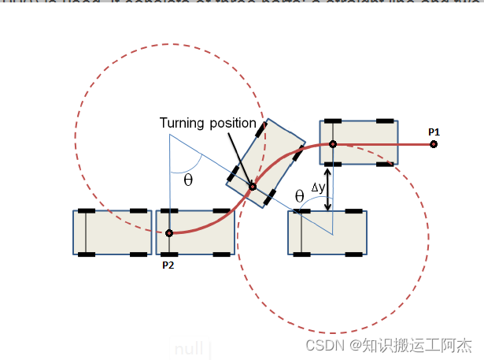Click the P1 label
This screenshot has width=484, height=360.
[434, 132]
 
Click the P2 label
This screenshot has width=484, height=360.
[168, 265]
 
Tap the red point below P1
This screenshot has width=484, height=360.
[434, 144]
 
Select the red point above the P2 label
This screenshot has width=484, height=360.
[169, 233]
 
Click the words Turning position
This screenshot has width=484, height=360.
[208, 123]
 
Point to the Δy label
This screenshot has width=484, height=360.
[317, 187]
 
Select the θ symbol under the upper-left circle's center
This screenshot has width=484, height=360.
[187, 180]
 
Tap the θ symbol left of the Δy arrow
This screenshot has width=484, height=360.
[299, 195]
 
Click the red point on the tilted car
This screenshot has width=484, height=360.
[253, 187]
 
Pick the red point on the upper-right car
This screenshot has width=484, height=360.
[333, 144]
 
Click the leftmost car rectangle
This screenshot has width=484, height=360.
[113, 232]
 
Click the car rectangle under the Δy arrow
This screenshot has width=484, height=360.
[327, 233]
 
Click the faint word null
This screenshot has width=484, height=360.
[189, 348]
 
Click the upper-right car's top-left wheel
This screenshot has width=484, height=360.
[331, 121]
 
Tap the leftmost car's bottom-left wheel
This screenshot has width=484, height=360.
[87, 254]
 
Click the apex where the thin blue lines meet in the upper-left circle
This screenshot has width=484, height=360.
[169, 134]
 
